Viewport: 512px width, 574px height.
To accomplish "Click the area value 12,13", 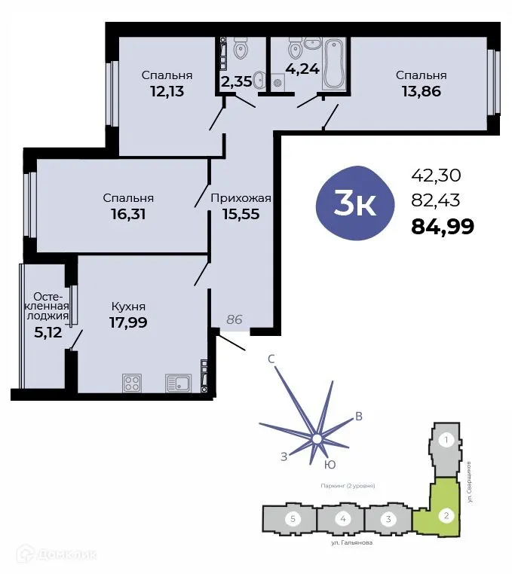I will (x=166, y=91).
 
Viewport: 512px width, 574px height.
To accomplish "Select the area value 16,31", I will (x=128, y=214).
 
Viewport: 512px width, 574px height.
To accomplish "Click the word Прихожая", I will (x=240, y=199).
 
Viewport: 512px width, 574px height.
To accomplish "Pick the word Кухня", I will (x=128, y=307).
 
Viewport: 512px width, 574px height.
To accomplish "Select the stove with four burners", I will (x=133, y=383).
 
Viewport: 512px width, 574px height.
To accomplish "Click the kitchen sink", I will (x=178, y=383).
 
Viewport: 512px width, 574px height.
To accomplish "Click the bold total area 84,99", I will (x=442, y=226).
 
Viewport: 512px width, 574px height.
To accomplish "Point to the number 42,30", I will (x=435, y=176).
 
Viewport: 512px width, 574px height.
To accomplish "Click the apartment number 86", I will (x=235, y=319).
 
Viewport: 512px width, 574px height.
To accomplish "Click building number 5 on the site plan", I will (x=290, y=519).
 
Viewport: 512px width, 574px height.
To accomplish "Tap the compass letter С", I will (x=271, y=359).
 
